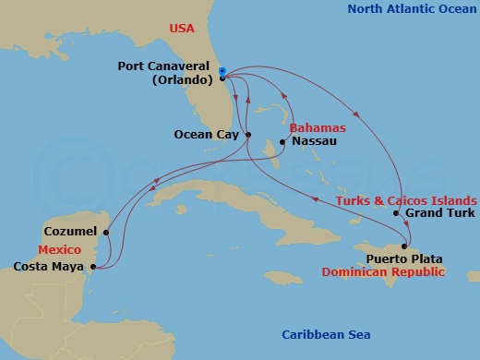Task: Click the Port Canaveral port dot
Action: coord(223,78)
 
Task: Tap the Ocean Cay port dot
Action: coord(247,136)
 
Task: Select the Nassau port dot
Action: coord(282,142)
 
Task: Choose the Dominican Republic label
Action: coord(378,272)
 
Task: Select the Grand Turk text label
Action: coord(439,214)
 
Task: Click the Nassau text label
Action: coord(311,142)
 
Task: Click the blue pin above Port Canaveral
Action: coord(223,69)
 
